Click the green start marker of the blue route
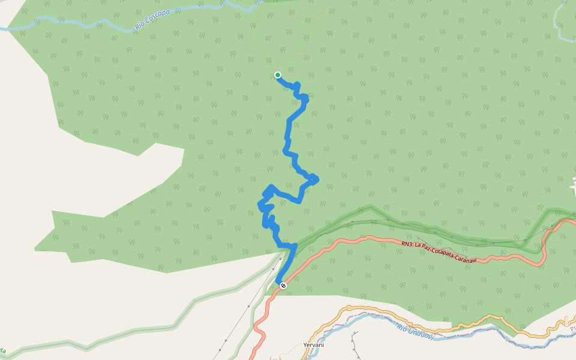click(x=278, y=75)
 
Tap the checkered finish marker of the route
click(x=283, y=286)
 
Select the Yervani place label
click(x=314, y=345)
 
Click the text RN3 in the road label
click(x=407, y=244)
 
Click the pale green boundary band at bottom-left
click(x=120, y=333)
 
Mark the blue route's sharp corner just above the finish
click(x=295, y=245)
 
